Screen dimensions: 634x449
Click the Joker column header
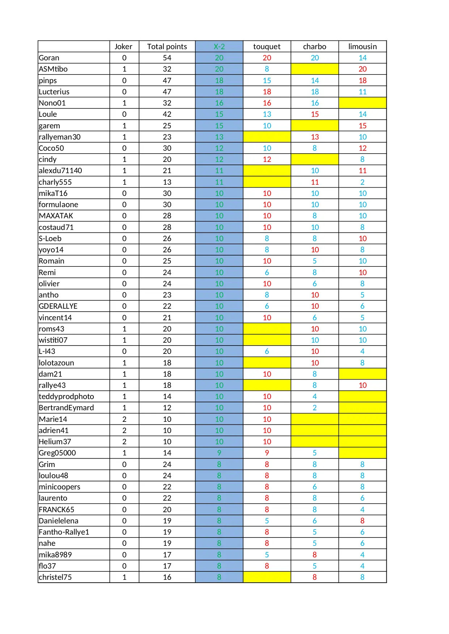pos(123,47)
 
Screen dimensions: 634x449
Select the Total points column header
pos(167,47)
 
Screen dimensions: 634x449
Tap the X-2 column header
pos(219,47)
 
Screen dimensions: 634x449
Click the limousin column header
pos(362,47)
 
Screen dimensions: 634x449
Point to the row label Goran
pos(49,58)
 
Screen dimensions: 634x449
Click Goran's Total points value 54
pos(167,58)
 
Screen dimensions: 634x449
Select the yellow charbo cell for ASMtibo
pos(314,69)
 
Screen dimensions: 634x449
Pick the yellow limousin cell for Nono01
pos(362,103)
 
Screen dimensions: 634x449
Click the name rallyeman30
pos(60,137)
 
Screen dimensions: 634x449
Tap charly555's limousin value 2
pos(362,182)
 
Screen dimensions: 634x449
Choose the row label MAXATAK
pos(56,216)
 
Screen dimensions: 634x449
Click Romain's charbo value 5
pos(314,261)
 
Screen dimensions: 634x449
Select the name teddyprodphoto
pos(66,397)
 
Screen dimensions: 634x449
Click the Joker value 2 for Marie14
pos(124,419)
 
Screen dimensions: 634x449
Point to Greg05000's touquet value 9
pos(267,453)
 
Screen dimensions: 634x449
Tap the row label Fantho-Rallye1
pos(64,532)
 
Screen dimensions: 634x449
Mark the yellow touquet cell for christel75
pos(267,577)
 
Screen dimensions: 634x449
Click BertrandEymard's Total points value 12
pos(167,408)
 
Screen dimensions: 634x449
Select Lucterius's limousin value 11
pos(362,92)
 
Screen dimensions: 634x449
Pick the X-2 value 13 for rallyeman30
pos(219,137)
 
